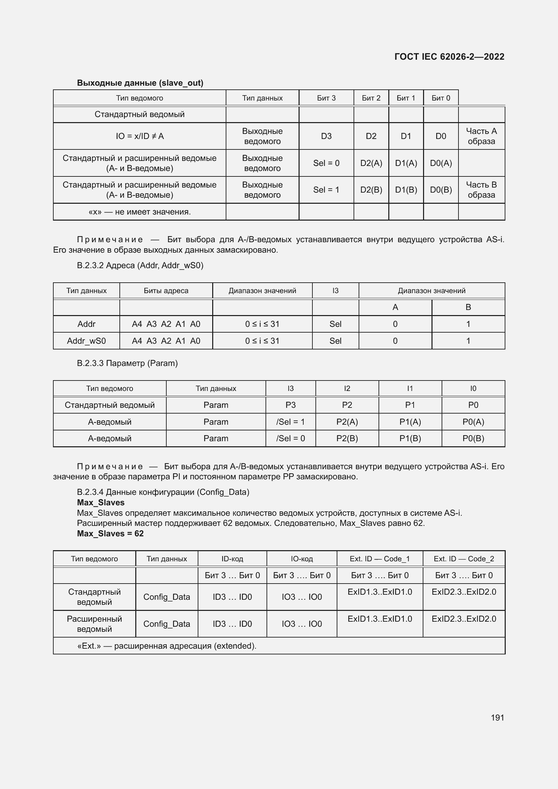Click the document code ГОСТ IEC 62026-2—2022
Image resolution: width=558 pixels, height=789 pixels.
(449, 57)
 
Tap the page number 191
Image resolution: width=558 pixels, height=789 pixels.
(497, 718)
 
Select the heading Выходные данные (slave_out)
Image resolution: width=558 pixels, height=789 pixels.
(140, 83)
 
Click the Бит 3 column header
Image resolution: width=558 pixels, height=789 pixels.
(326, 98)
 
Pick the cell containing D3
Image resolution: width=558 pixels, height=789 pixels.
(326, 136)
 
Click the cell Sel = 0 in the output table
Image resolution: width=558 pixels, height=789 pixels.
(326, 163)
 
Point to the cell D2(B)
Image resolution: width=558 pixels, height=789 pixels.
(371, 190)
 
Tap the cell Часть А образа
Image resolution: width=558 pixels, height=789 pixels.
(481, 136)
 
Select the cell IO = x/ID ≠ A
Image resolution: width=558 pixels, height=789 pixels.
(140, 136)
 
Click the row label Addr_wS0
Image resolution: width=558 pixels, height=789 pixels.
(86, 341)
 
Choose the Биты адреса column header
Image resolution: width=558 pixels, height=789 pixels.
(166, 291)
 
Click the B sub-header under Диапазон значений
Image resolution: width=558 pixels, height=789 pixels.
(468, 307)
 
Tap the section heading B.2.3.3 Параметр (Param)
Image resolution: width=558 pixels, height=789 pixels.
(127, 363)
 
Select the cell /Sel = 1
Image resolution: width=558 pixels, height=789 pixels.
(290, 422)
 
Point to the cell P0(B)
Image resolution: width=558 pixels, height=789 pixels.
(473, 439)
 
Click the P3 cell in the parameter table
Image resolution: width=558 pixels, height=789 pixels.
(290, 405)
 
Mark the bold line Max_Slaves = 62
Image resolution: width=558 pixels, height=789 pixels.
(110, 533)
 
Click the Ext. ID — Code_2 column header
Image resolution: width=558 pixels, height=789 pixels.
(464, 559)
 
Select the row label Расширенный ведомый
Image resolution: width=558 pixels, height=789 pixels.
(94, 624)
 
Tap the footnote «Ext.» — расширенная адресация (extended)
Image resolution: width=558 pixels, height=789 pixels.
(167, 646)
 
